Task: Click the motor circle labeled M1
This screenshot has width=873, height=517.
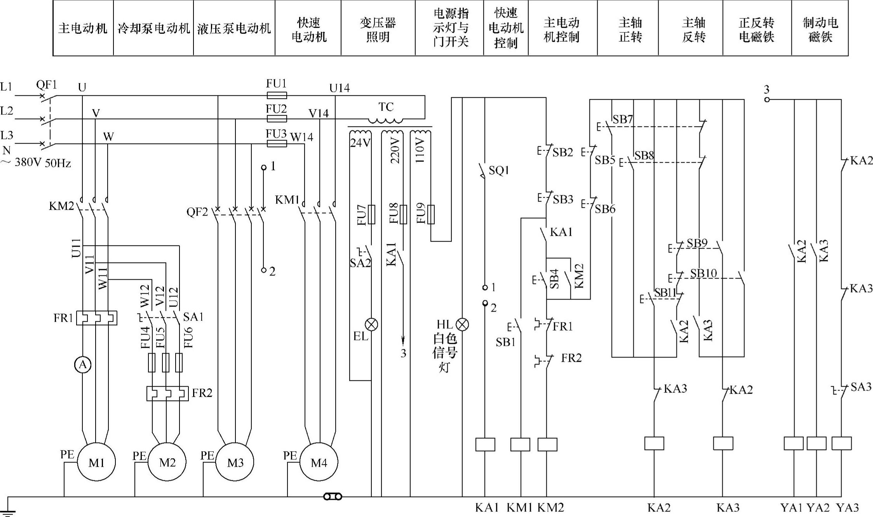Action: point(96,462)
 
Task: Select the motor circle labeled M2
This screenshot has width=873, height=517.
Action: point(167,462)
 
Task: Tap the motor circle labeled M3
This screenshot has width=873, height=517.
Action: point(235,462)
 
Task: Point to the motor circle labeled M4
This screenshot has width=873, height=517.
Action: point(319,462)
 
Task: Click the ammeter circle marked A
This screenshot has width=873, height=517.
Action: point(83,365)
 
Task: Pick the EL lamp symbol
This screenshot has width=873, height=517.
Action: point(371,324)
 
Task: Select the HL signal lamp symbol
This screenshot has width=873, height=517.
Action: point(462,324)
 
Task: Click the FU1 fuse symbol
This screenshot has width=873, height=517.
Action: point(277,95)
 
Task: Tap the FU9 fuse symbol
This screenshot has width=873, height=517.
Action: point(431,214)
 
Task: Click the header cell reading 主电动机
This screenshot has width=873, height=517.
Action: point(83,28)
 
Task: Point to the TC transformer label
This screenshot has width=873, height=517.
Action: point(386,107)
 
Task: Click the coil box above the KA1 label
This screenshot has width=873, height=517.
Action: point(485,444)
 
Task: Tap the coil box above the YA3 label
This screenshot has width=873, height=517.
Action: point(842,443)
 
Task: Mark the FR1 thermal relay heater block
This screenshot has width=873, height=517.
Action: point(96,318)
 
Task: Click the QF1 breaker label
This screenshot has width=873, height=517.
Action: point(46,85)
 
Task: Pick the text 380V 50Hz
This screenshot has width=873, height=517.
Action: point(43,163)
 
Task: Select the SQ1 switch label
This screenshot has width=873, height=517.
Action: point(499,170)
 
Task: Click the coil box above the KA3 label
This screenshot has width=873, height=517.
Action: point(723,443)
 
